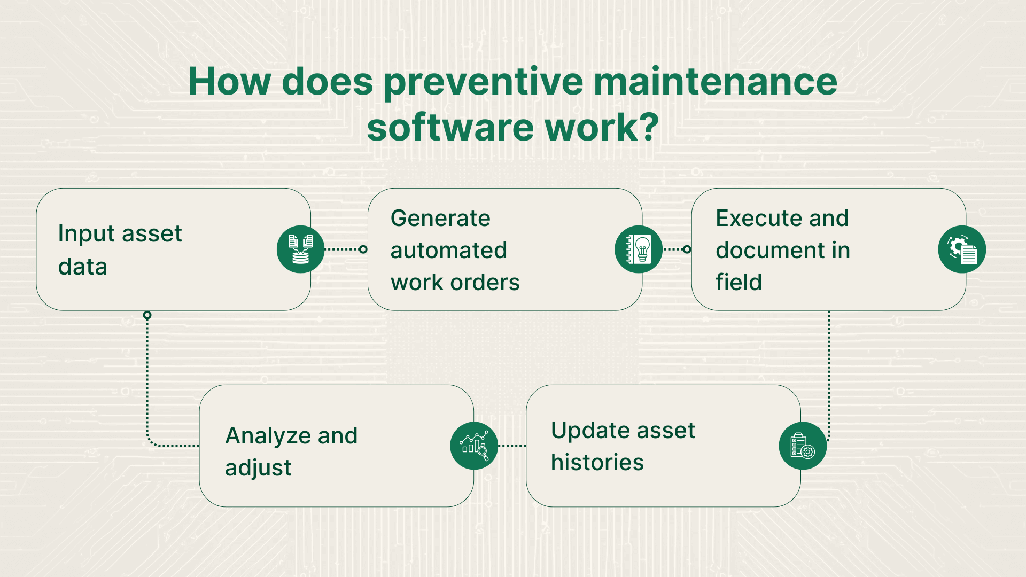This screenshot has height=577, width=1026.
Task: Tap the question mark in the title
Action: click(649, 127)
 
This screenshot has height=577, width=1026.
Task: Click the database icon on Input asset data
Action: click(300, 249)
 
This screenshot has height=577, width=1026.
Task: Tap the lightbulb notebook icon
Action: click(639, 249)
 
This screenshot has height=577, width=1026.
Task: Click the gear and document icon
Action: click(962, 249)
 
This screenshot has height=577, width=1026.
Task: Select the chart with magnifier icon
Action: click(474, 446)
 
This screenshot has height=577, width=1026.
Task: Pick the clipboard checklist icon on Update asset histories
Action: click(803, 446)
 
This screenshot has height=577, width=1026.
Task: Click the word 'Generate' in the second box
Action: click(440, 218)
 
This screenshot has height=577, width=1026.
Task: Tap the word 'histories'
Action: click(597, 462)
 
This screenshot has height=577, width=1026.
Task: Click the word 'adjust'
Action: click(258, 468)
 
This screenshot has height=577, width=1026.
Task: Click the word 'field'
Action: click(739, 282)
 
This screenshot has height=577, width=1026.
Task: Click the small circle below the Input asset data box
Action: click(147, 316)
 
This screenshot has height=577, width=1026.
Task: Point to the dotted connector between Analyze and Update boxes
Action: click(512, 446)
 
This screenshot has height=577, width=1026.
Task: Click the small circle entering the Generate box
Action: click(363, 249)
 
